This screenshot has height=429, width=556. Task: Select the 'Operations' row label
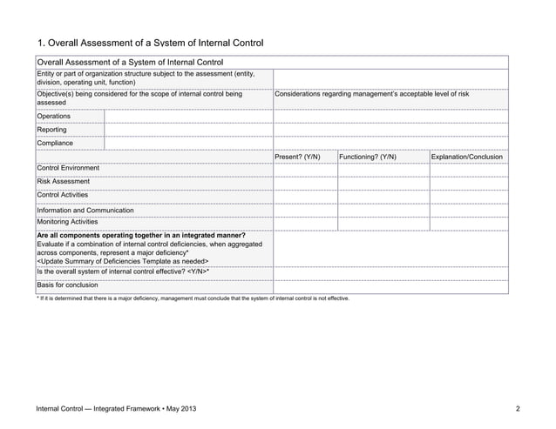coord(54,116)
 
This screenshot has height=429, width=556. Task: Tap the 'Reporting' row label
coord(52,130)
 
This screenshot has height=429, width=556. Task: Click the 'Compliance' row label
coord(55,143)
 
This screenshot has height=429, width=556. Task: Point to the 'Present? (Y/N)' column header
coord(297,157)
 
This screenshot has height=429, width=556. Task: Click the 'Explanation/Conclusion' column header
coord(467,157)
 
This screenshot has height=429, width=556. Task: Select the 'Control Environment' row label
coord(68,168)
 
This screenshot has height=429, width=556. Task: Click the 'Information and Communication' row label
coord(85,211)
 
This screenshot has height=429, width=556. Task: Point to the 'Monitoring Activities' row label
coord(67,222)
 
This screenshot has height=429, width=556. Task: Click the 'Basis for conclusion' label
coord(67,285)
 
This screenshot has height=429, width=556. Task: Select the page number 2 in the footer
coord(517,408)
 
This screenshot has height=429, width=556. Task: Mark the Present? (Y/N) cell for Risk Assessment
coord(305,182)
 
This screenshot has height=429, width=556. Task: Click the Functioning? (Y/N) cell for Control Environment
coord(383,169)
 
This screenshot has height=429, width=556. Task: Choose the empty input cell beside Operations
coord(188,116)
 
